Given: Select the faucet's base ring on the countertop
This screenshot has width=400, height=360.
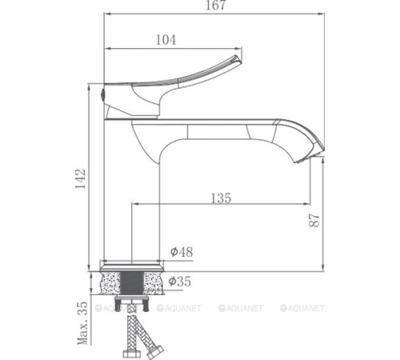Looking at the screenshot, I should coord(133,264).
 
